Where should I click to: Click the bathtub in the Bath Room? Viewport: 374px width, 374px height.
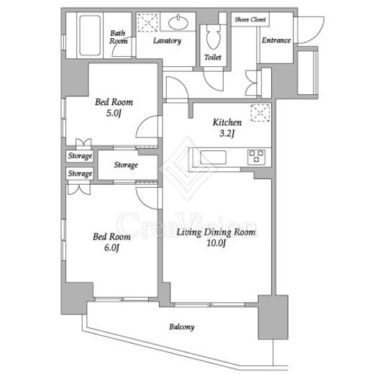(x=90, y=35)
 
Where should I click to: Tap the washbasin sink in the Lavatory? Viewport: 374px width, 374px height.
(x=178, y=23)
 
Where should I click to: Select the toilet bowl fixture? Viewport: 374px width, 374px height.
(x=213, y=37)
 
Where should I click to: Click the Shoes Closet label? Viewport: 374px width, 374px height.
(x=250, y=19)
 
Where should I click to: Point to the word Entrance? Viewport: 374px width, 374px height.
(x=276, y=40)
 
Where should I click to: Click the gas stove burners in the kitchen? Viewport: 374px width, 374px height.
(x=256, y=157)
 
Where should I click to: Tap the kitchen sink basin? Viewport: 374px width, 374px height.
(x=213, y=158)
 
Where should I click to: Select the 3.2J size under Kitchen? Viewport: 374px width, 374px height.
(x=227, y=133)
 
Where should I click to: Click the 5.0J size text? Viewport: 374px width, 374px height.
(x=114, y=113)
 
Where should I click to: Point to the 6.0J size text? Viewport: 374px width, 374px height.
(x=111, y=247)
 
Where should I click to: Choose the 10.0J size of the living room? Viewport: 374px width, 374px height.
(x=216, y=243)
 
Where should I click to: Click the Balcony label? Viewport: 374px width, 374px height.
(x=182, y=327)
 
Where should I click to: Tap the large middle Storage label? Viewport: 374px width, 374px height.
(x=126, y=165)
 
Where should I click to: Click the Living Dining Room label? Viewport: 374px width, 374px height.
(x=216, y=232)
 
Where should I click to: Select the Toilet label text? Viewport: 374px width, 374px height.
(x=213, y=58)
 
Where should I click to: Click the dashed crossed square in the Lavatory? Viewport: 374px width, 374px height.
(x=147, y=23)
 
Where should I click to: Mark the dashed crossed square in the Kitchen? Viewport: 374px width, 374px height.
(x=260, y=113)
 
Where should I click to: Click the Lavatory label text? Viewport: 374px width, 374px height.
(x=167, y=41)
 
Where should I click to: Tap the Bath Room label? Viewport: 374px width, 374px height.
(x=118, y=37)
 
